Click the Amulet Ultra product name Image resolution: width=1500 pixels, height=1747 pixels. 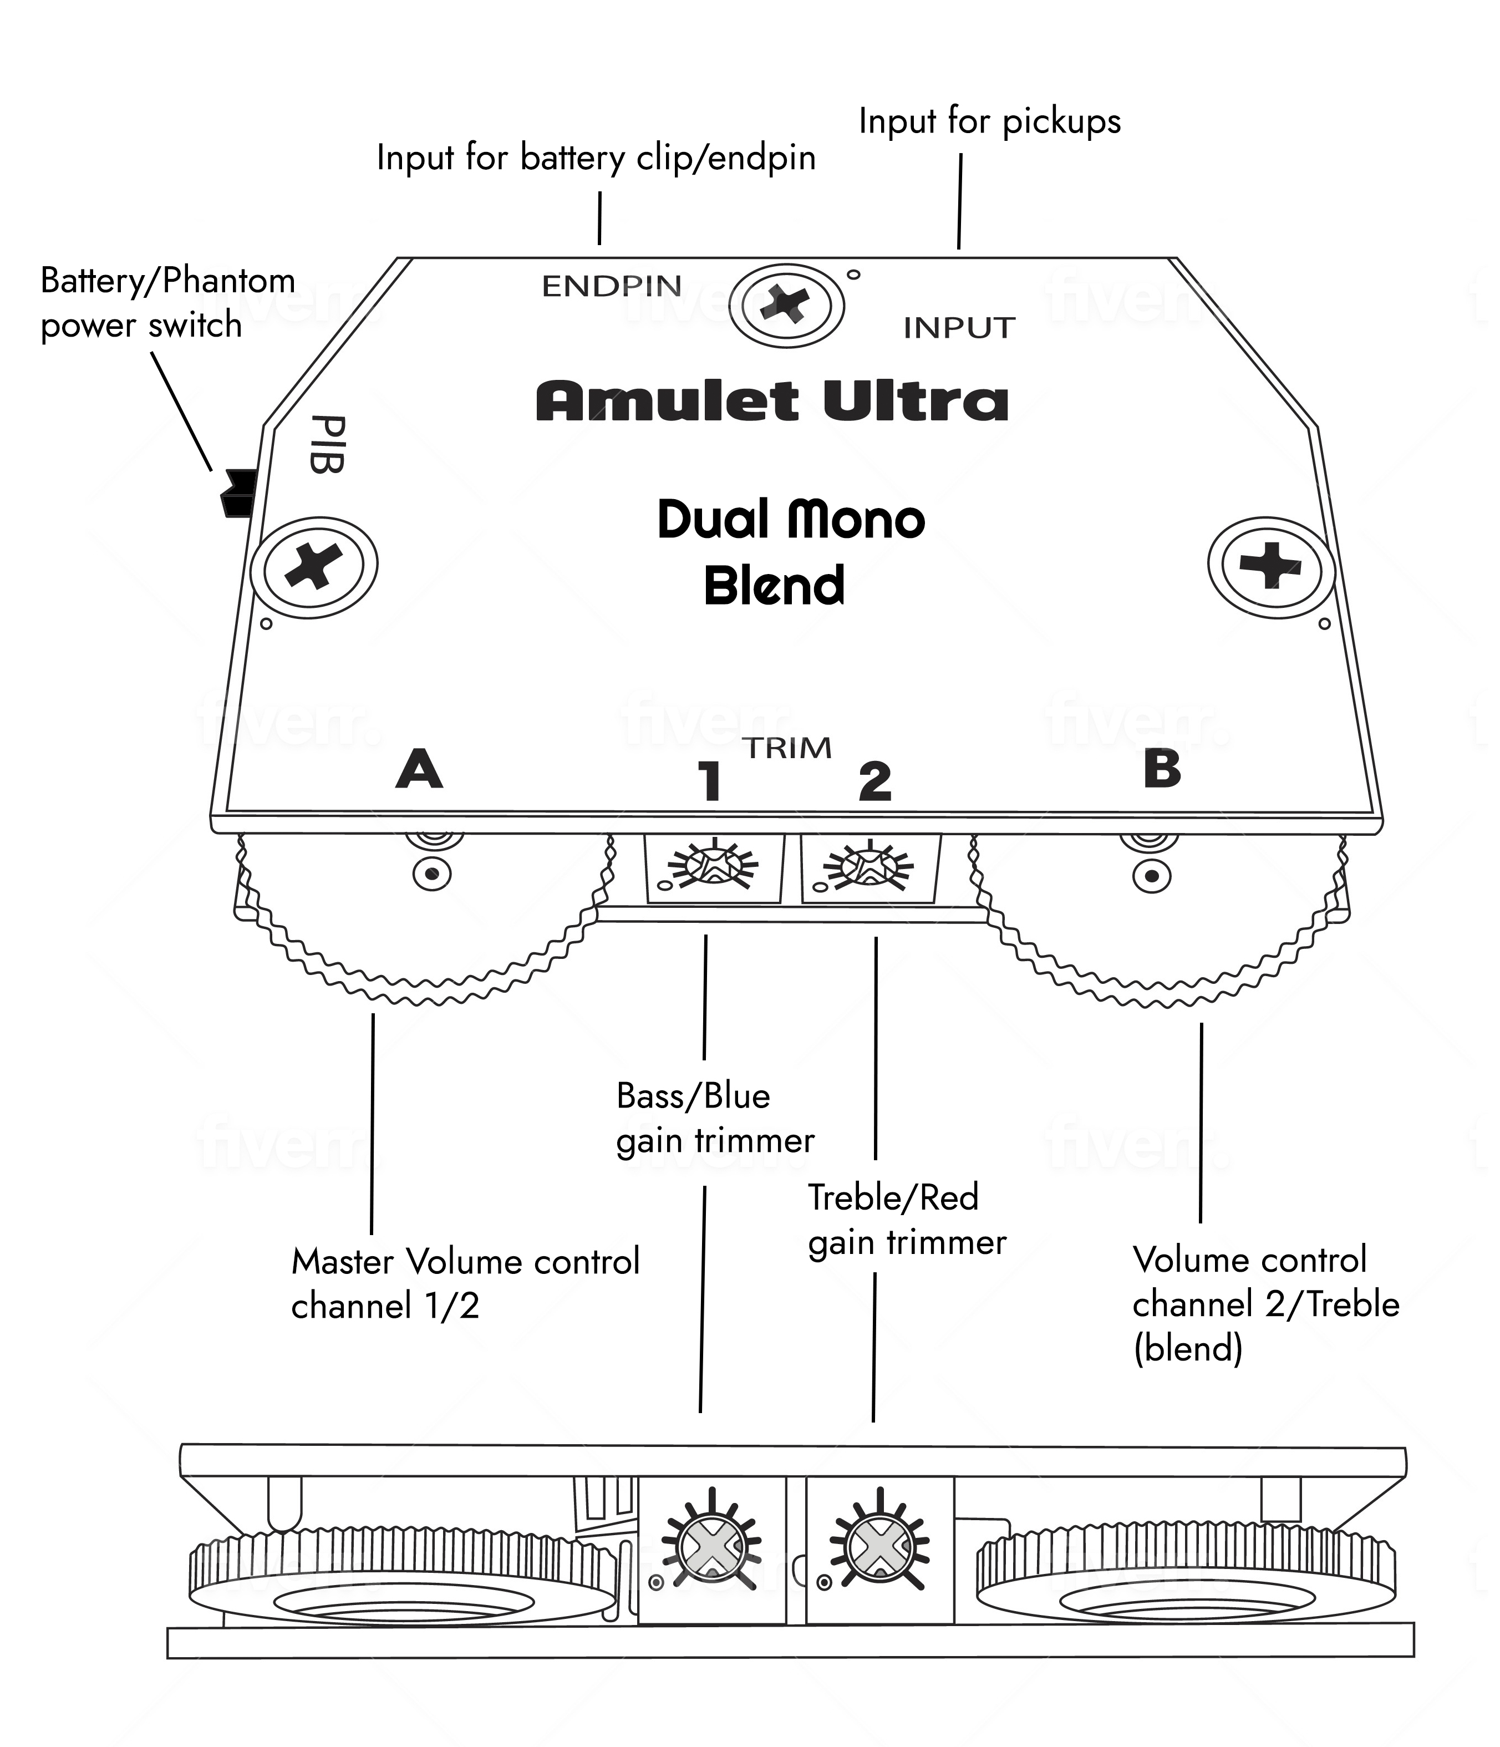[x=772, y=402]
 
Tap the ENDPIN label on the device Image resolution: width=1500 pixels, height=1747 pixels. [x=611, y=287]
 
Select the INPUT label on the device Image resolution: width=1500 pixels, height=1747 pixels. [x=959, y=328]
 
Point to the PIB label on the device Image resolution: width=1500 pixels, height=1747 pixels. [x=326, y=444]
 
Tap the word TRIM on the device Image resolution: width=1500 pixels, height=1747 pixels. [x=787, y=748]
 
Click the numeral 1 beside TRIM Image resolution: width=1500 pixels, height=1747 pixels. [x=711, y=781]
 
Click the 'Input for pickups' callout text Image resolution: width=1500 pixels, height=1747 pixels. [x=990, y=122]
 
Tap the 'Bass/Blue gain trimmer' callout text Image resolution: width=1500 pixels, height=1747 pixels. [x=715, y=1118]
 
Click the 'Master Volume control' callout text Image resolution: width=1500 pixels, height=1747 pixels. [x=465, y=1262]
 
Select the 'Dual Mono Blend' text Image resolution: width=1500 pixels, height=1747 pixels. [x=791, y=552]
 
